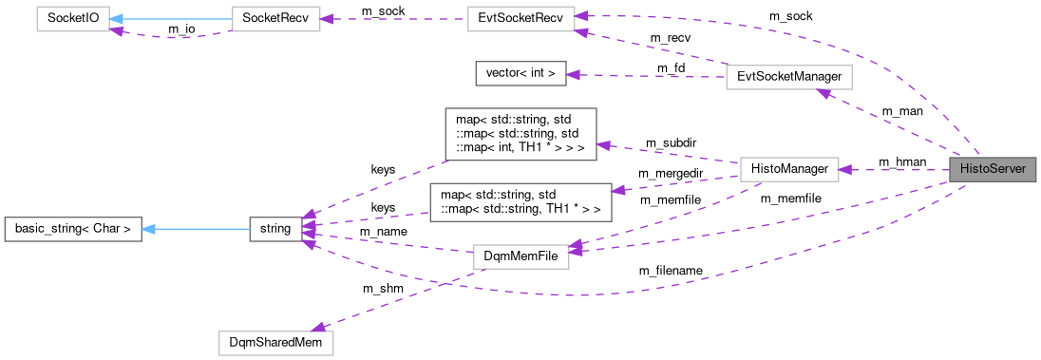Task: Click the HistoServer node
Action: coord(992,169)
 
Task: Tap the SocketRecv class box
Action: coord(276,20)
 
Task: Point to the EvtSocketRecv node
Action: coord(520,20)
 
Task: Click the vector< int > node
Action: coord(520,72)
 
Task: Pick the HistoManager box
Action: coord(788,169)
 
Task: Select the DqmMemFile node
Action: coord(520,256)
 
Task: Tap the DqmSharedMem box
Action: coord(275,340)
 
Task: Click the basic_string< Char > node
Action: coord(73,228)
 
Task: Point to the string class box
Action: coord(274,228)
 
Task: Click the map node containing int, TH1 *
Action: coord(520,133)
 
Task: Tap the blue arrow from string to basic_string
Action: coord(195,228)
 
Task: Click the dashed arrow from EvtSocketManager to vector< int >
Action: coord(646,75)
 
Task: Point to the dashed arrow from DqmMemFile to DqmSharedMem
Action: coord(399,300)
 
